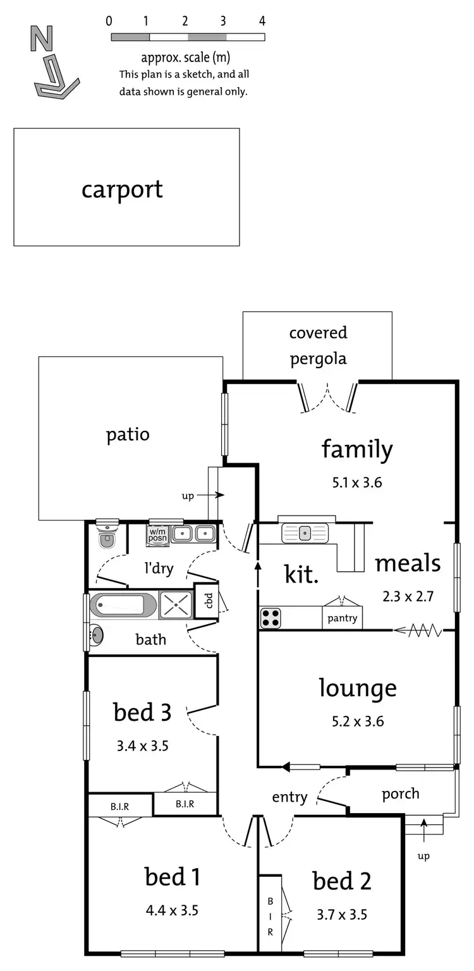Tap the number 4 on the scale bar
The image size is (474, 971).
pos(261,21)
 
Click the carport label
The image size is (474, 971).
pos(122,189)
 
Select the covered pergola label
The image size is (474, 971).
pos(318,346)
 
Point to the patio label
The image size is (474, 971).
pos(128,435)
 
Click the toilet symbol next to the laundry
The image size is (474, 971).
pos(107,537)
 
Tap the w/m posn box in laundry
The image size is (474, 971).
pos(157,534)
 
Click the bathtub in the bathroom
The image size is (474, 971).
pos(123,605)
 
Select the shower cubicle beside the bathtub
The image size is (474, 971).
pos(175,605)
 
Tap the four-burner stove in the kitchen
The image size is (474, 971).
pos(270,618)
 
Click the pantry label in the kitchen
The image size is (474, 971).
pos(343,618)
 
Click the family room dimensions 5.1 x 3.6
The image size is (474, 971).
pos(357,483)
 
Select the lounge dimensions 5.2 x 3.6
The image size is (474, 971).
pos(357,721)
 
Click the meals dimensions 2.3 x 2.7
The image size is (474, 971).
pos(408,596)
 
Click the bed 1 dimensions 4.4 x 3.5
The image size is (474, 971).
pos(172,910)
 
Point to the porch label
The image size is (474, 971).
pos(401,793)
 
